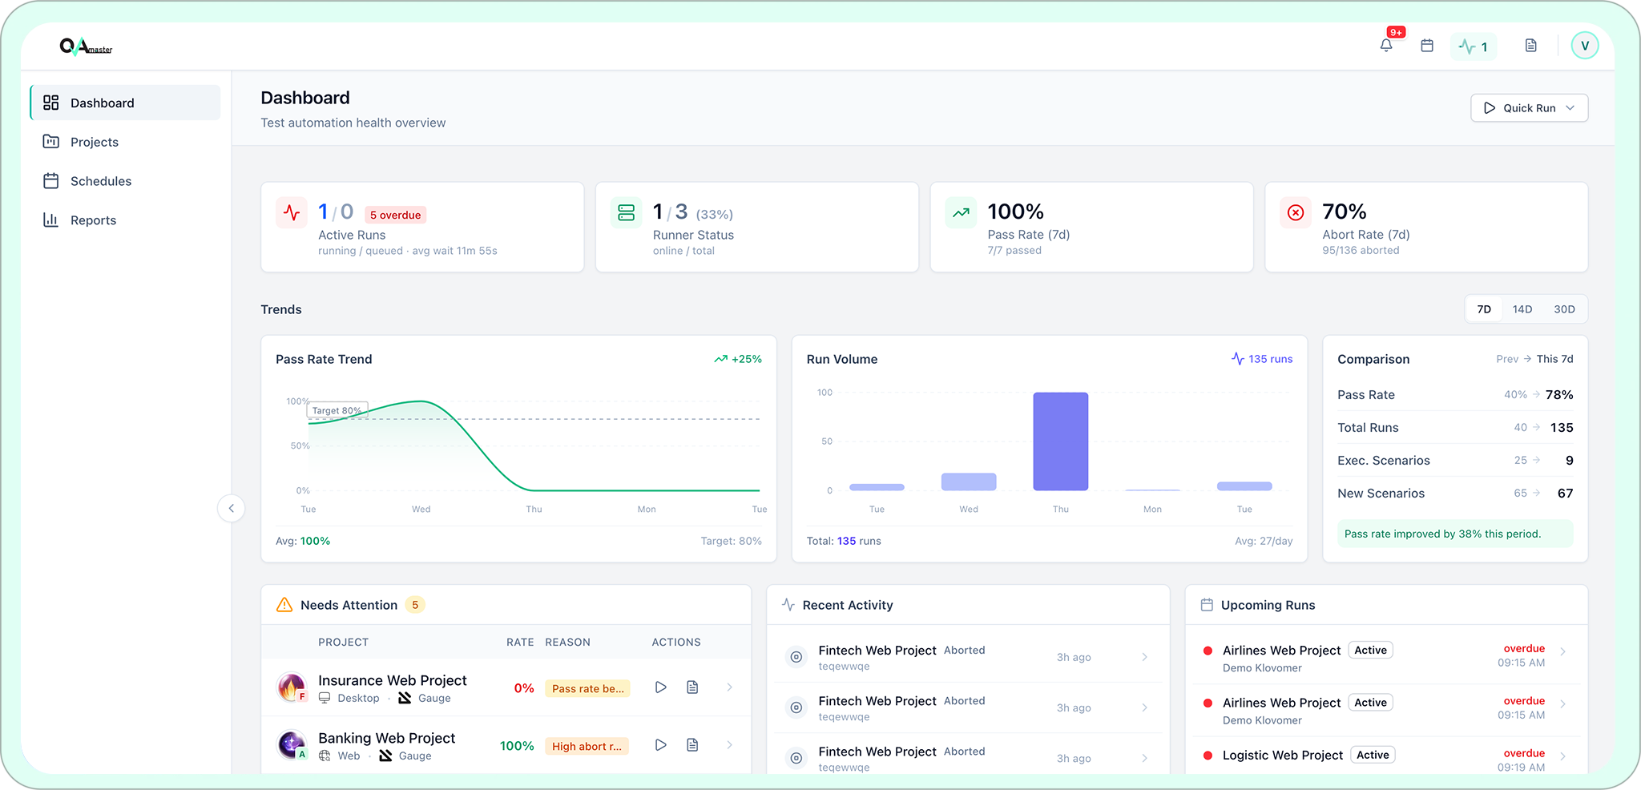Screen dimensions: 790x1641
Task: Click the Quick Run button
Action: tap(1528, 108)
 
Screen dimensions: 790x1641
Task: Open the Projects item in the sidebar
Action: tap(94, 142)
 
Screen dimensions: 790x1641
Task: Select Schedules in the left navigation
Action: tap(100, 181)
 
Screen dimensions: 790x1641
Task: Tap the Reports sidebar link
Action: tap(93, 220)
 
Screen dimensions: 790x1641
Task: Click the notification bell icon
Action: tap(1386, 46)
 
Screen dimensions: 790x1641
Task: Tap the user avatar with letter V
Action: tap(1584, 46)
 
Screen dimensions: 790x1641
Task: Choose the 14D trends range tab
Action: tap(1522, 309)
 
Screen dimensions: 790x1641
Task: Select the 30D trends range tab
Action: tap(1564, 309)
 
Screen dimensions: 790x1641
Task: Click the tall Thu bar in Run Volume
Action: tap(1060, 441)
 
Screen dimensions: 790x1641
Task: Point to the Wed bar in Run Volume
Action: tap(969, 482)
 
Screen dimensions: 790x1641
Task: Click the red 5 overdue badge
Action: tap(395, 215)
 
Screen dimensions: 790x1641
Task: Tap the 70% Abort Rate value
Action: tap(1344, 212)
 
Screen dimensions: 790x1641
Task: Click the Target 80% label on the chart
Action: tap(337, 410)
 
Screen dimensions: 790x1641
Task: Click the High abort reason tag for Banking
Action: tap(587, 746)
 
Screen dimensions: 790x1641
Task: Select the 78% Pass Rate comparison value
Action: tap(1558, 394)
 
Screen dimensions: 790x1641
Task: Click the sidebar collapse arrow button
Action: tap(231, 508)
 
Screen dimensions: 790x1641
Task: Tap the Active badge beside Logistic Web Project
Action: tap(1373, 755)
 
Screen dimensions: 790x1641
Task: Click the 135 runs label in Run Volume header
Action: tap(1269, 359)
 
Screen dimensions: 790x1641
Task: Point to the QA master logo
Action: tap(86, 46)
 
